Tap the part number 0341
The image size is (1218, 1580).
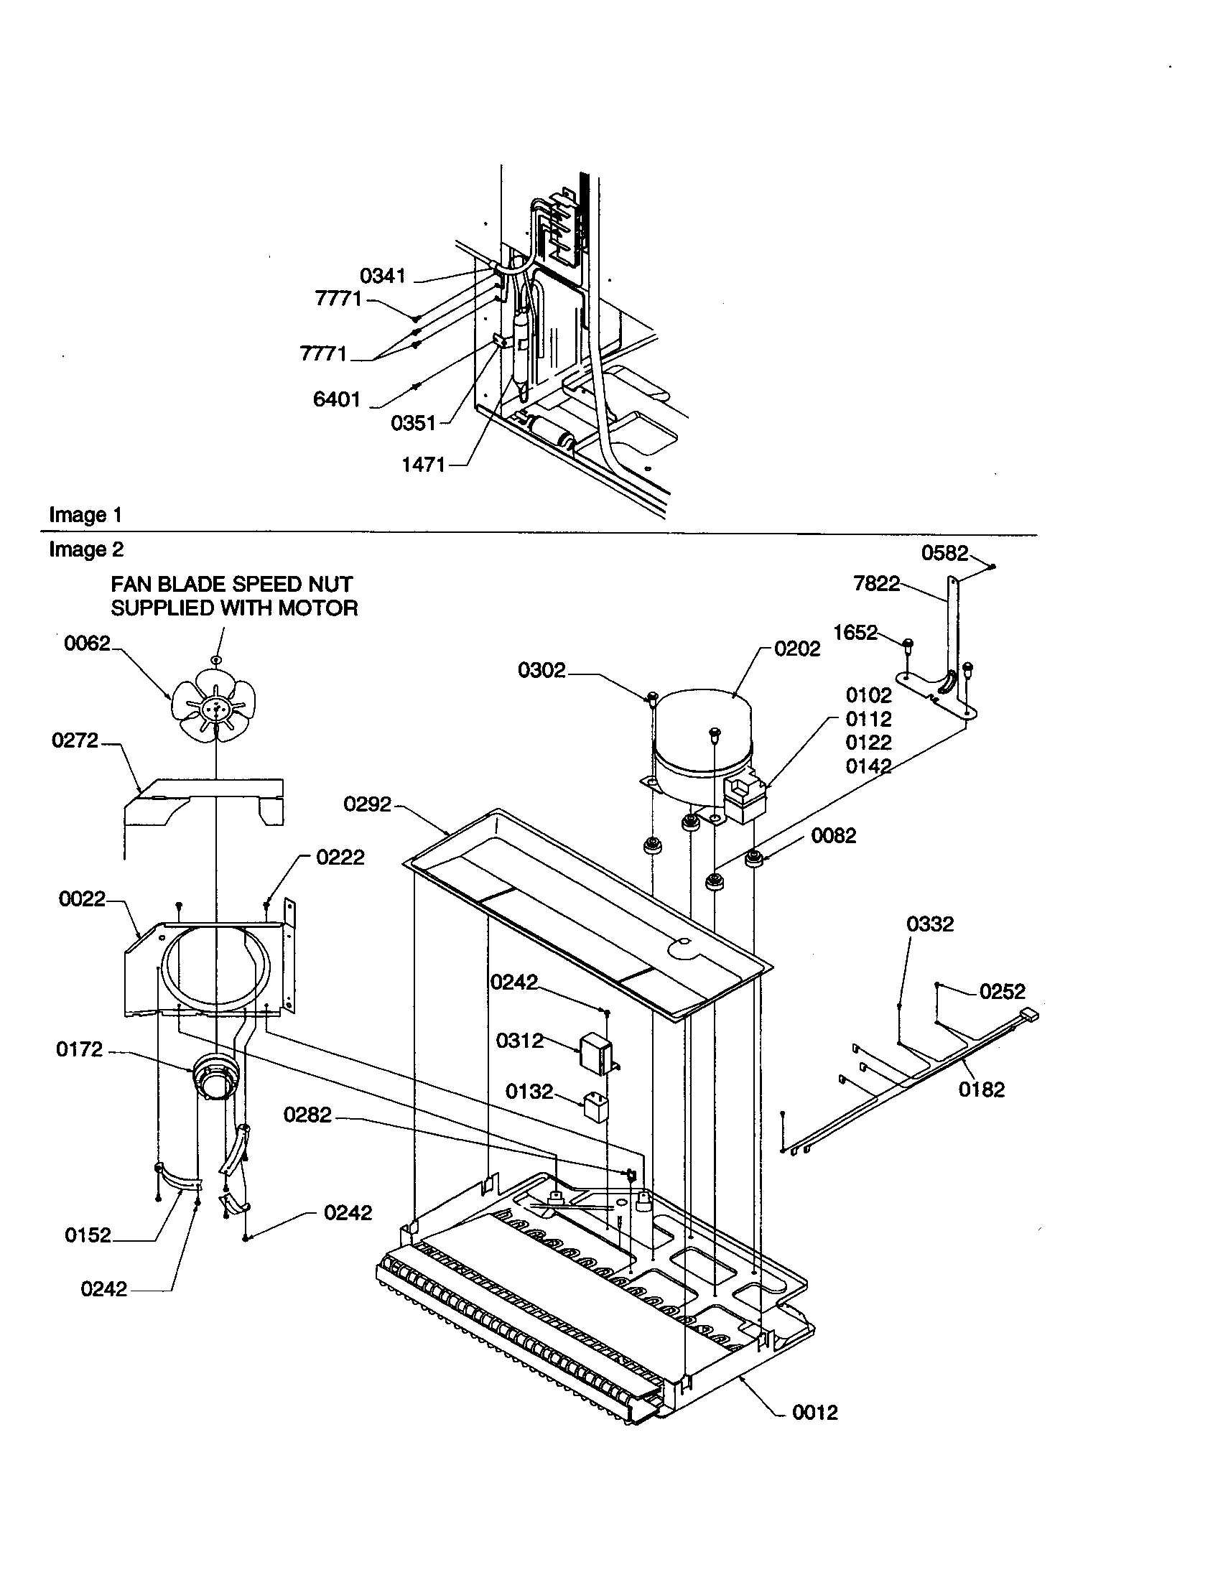point(383,276)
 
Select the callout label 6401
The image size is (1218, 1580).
point(336,399)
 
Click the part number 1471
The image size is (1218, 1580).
point(424,465)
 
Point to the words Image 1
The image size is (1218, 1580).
point(85,515)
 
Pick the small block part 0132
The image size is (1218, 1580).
point(595,1107)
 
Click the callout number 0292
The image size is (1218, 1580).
point(368,804)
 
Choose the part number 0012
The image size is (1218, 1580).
point(815,1412)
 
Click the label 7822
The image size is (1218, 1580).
point(877,583)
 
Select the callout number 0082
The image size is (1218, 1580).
point(833,835)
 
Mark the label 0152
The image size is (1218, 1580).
point(88,1235)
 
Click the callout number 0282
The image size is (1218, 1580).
point(307,1115)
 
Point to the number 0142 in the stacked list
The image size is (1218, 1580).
point(869,766)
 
